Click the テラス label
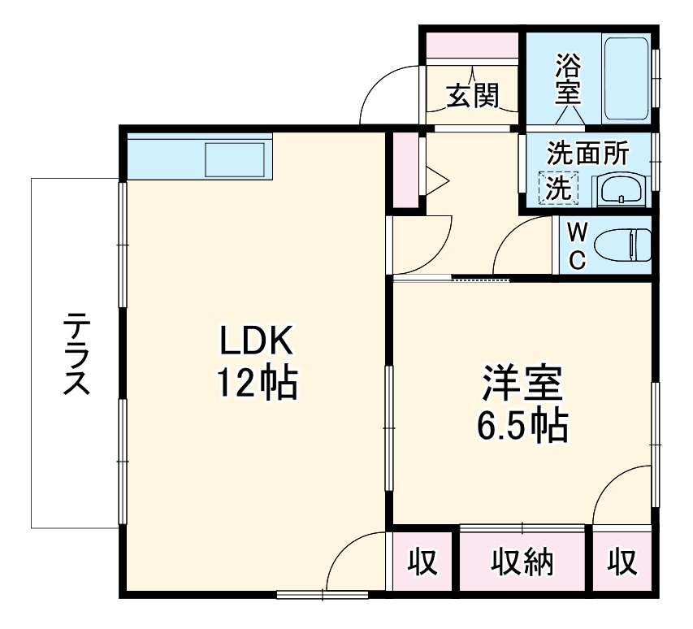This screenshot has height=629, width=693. pyautogui.click(x=76, y=354)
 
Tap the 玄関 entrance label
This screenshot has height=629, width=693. pyautogui.click(x=471, y=97)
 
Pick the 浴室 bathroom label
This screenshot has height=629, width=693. pyautogui.click(x=567, y=78)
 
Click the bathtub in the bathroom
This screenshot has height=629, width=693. pyautogui.click(x=626, y=78)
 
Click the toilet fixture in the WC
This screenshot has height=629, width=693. pyautogui.click(x=622, y=245)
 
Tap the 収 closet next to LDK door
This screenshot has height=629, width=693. pyautogui.click(x=422, y=562)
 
